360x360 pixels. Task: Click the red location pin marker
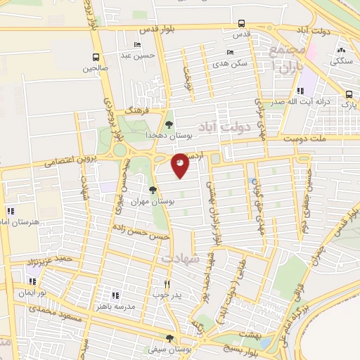pos(181,165)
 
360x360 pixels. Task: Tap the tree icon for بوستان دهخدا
pos(169,124)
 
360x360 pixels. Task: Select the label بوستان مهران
pos(157,202)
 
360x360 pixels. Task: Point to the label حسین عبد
pos(136,55)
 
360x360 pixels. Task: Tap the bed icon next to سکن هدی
pos(230,53)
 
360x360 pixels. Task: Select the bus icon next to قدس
pos(241,22)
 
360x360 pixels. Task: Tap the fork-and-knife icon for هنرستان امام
pos(10,210)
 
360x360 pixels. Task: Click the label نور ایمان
pos(32,292)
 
